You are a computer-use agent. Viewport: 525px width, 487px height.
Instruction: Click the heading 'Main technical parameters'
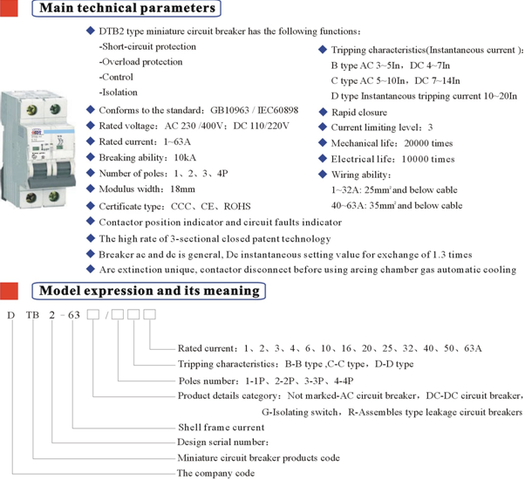click(x=127, y=8)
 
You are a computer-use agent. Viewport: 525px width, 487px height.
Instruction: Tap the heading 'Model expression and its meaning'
click(x=149, y=291)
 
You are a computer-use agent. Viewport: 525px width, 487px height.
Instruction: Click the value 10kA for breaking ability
click(x=185, y=157)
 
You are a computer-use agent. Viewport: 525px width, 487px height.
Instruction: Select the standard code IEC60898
click(x=278, y=110)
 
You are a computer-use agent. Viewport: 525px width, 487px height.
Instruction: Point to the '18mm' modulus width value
click(x=183, y=189)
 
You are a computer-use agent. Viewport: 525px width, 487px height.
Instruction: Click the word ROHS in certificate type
click(x=237, y=206)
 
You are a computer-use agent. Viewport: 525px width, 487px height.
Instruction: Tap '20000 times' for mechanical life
click(x=428, y=143)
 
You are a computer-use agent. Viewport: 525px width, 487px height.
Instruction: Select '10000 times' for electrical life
click(x=428, y=159)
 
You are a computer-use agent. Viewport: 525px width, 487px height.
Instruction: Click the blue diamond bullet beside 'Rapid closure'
click(x=323, y=112)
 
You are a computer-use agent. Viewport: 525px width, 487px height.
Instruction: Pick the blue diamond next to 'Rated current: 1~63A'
click(x=91, y=141)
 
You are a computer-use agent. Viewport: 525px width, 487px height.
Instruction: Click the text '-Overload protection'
click(x=140, y=62)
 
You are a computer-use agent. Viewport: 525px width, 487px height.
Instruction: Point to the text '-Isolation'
click(x=119, y=93)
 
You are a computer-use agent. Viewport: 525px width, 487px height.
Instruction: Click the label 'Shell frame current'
click(x=222, y=428)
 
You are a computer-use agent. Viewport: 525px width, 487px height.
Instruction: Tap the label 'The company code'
click(x=216, y=473)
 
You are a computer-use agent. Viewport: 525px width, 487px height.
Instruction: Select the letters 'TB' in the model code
click(x=33, y=315)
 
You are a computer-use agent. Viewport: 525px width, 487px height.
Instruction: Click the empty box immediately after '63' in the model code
click(x=93, y=314)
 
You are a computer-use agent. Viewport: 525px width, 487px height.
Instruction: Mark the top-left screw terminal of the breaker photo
click(x=32, y=110)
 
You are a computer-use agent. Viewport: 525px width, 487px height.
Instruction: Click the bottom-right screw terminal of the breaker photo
click(x=54, y=196)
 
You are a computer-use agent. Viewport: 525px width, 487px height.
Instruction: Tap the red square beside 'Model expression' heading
click(x=9, y=291)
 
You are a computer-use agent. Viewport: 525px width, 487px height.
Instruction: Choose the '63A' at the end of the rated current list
click(x=473, y=348)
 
